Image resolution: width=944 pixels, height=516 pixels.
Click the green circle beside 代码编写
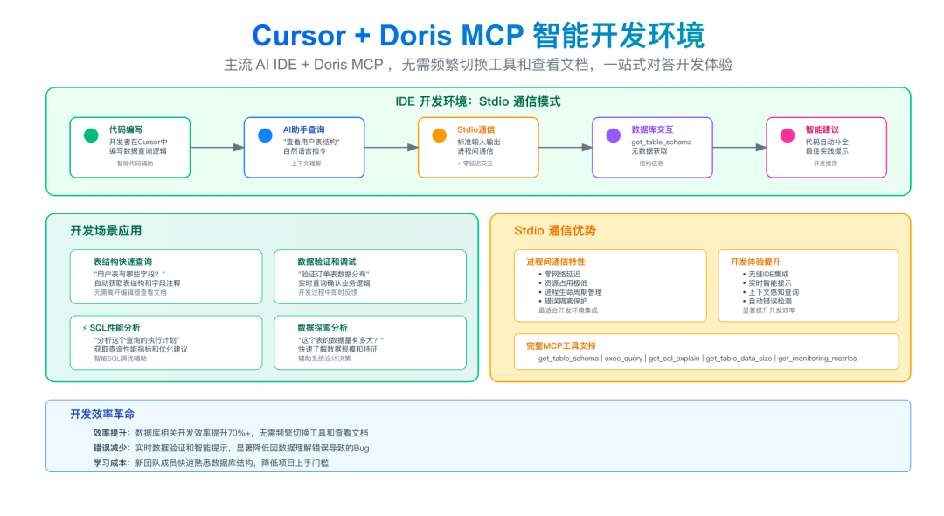(91, 136)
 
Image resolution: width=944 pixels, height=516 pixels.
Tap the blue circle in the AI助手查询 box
(265, 136)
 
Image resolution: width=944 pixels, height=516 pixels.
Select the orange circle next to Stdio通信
(440, 136)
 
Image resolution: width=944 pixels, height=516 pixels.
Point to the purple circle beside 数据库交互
(614, 136)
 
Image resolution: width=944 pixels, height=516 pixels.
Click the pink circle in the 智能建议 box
(788, 136)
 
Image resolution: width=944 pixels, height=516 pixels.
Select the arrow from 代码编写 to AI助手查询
(217, 148)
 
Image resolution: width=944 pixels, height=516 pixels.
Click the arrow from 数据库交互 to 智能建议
(739, 148)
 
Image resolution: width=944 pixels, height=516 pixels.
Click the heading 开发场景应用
(106, 231)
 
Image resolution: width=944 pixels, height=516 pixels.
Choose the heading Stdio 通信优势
(555, 231)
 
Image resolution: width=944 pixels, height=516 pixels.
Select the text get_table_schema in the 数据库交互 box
(663, 141)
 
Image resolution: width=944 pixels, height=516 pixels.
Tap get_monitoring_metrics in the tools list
(817, 359)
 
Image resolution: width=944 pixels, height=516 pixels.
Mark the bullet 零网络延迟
(561, 274)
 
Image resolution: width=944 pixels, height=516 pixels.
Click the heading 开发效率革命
(102, 414)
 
